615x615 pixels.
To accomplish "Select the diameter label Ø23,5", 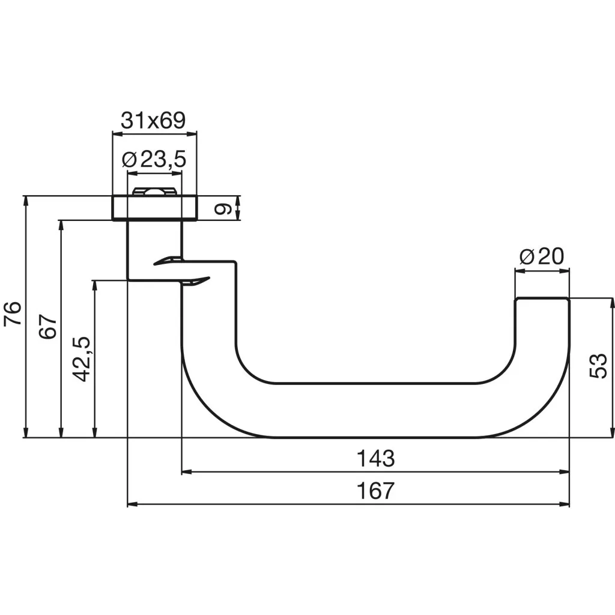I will [x=154, y=159].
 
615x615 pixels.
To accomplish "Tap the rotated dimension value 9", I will [x=223, y=208].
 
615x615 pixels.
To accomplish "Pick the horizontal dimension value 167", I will [x=376, y=491].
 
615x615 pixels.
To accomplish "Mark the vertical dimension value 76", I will [x=13, y=314].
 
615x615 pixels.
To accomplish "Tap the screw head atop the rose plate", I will [x=154, y=192].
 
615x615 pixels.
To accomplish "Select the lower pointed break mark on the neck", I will [x=196, y=280].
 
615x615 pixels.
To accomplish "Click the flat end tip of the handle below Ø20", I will [x=542, y=298].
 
